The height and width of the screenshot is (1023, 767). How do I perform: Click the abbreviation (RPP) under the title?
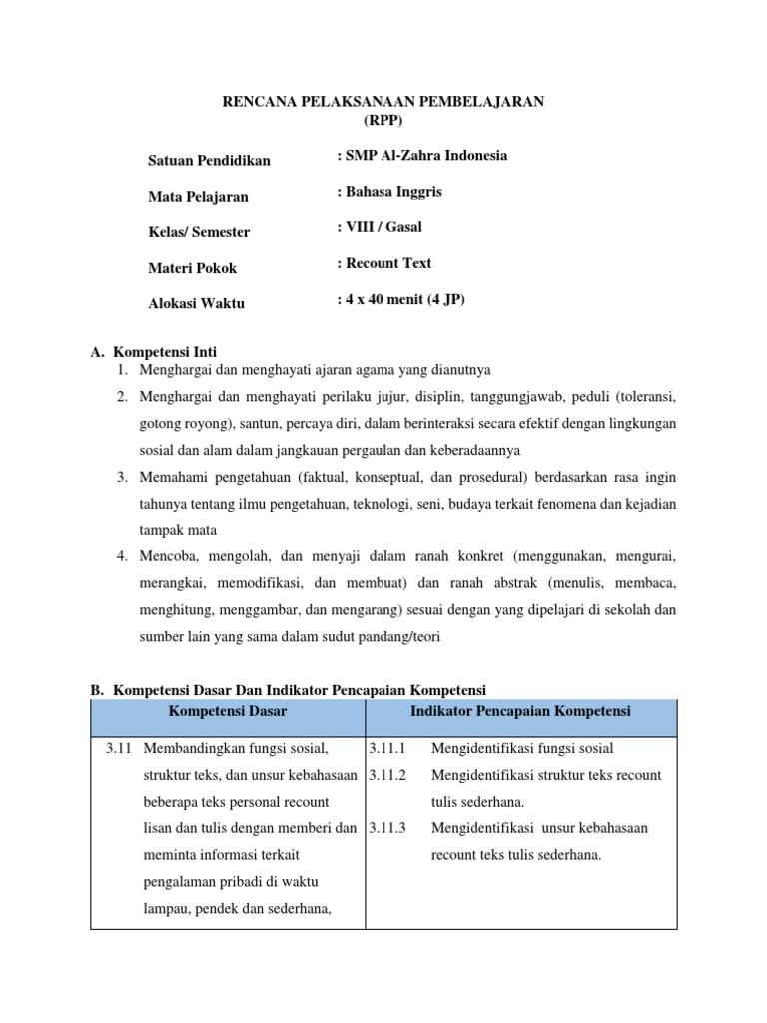[x=383, y=120]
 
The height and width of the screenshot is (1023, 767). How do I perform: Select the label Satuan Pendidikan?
[x=209, y=161]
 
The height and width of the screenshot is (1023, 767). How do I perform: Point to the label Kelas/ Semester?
[x=199, y=232]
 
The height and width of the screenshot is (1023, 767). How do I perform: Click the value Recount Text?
[x=384, y=264]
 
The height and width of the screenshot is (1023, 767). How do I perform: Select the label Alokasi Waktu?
[x=196, y=304]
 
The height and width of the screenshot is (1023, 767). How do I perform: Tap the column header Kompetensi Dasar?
[x=228, y=711]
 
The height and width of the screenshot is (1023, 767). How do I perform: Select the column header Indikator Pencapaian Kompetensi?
[x=520, y=711]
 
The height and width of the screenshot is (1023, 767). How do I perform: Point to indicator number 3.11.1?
[x=385, y=748]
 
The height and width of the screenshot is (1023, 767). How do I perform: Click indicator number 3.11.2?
[x=385, y=775]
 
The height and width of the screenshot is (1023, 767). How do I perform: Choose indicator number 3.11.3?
[x=385, y=828]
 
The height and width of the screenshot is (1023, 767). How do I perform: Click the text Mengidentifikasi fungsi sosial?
[x=522, y=748]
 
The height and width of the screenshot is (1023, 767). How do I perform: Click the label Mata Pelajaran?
[x=198, y=197]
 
